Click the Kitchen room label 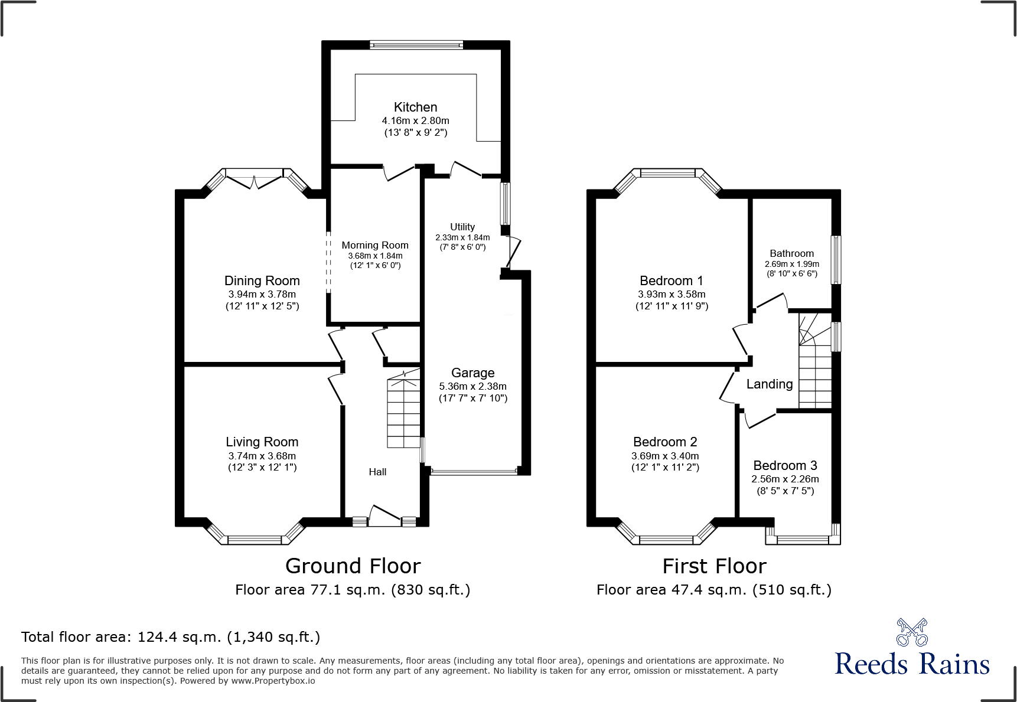point(415,107)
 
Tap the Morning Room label point(375,245)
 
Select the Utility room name point(462,227)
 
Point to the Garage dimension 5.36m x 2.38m point(472,386)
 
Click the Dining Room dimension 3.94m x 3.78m point(262,294)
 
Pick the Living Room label point(262,442)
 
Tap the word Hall point(377,472)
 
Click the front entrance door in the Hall point(384,515)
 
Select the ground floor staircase point(403,413)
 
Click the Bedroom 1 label point(672,280)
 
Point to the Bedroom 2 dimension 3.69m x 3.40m point(665,456)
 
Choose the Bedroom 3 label point(785,465)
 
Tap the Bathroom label point(791,253)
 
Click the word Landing point(770,384)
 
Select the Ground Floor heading point(353,566)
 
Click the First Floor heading point(714,566)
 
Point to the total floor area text point(171,637)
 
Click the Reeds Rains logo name point(912,664)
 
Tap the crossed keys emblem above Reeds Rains point(912,632)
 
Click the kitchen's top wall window point(416,44)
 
